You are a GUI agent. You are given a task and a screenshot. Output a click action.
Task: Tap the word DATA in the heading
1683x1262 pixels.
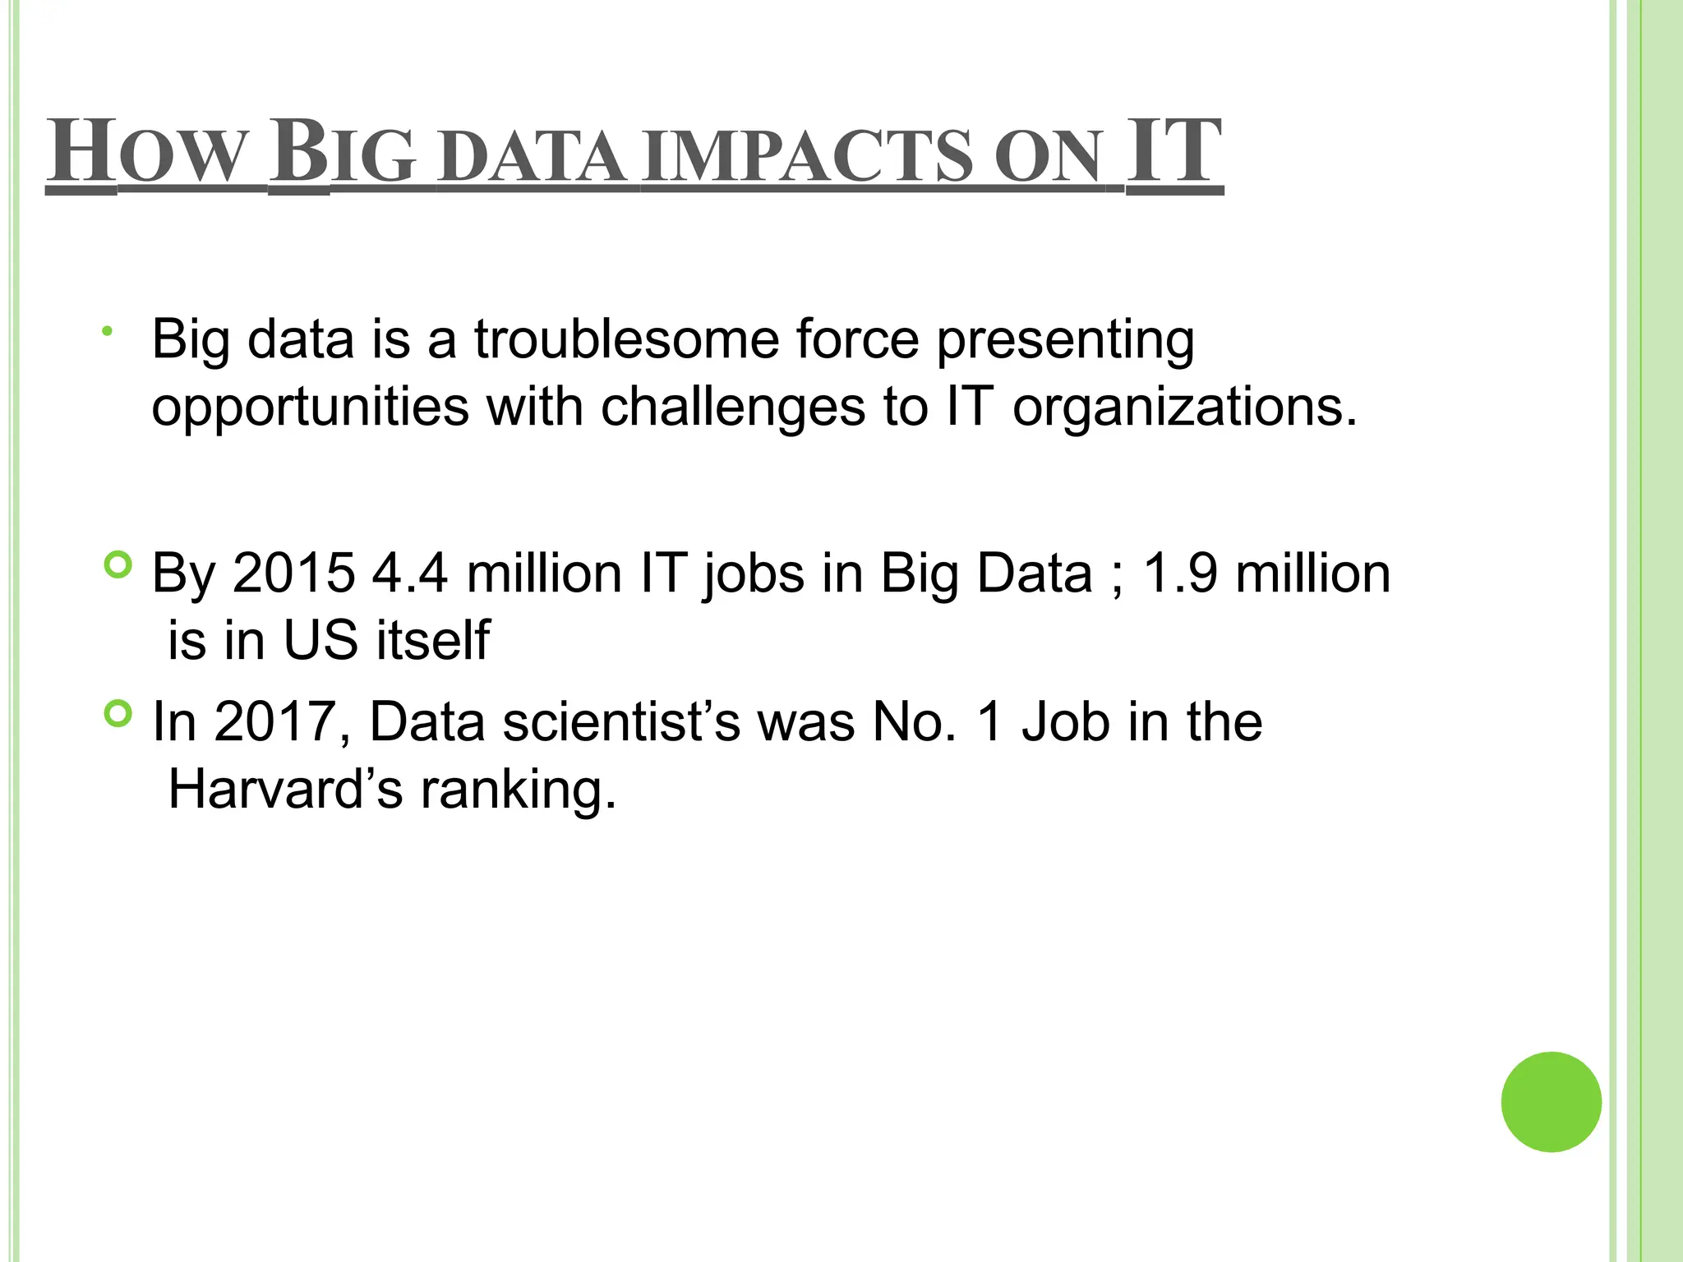(x=531, y=156)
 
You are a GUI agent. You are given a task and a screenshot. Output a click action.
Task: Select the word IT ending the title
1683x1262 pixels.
(x=1173, y=151)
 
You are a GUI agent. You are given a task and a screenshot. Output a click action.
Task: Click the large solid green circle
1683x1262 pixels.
(x=1551, y=1102)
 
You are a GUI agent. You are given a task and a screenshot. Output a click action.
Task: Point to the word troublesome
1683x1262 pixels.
(x=626, y=339)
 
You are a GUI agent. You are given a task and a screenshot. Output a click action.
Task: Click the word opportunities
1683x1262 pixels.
(x=311, y=408)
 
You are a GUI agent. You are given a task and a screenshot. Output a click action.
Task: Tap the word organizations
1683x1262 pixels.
(x=1184, y=408)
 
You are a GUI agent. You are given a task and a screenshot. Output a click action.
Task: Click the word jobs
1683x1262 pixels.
(x=754, y=574)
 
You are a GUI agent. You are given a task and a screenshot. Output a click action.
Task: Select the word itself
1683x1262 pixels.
(x=433, y=640)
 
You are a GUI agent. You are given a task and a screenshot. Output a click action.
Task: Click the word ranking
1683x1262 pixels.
(x=518, y=791)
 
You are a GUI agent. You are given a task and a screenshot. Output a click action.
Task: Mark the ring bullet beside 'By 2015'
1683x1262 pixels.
(x=119, y=564)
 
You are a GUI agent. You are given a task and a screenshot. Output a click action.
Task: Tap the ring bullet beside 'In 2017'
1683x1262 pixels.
(x=119, y=714)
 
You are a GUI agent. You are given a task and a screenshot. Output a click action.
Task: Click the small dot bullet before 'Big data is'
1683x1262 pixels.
(x=106, y=331)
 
